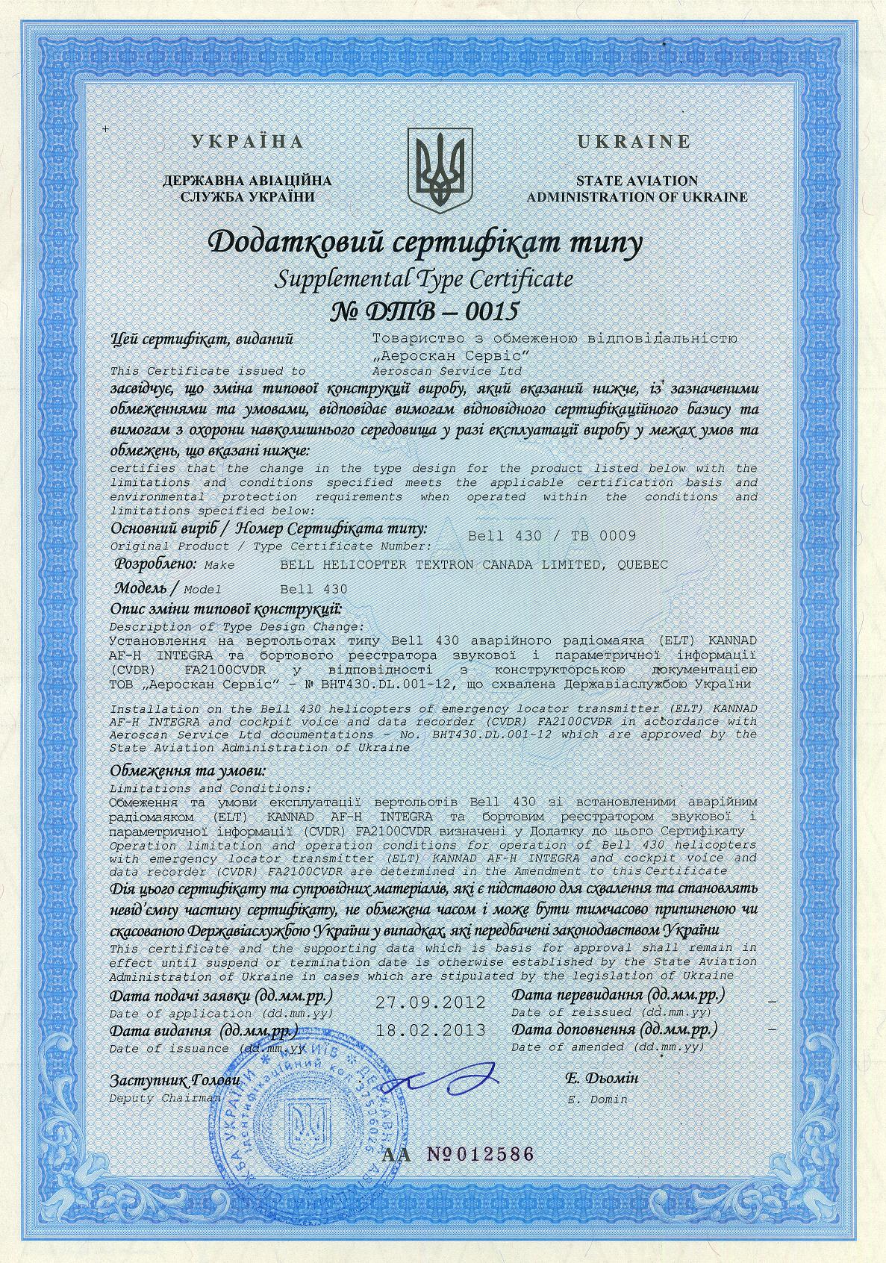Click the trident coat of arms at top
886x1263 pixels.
(x=441, y=168)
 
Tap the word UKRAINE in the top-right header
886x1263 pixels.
(x=634, y=141)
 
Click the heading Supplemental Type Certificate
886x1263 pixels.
(x=425, y=279)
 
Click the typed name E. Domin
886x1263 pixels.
(x=597, y=1099)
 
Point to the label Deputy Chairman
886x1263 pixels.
(x=165, y=1098)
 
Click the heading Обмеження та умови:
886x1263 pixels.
(x=187, y=771)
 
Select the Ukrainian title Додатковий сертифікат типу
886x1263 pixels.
(x=425, y=243)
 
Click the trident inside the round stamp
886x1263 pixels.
(x=308, y=1128)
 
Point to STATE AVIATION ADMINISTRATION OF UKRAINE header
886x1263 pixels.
(x=637, y=189)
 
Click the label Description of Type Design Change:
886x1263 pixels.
(x=237, y=626)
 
